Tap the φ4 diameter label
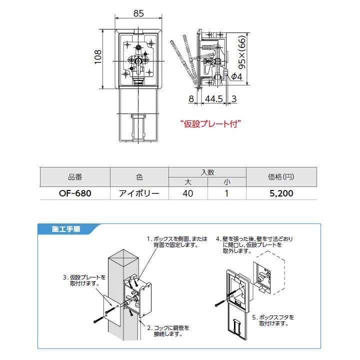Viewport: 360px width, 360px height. pyautogui.click(x=237, y=76)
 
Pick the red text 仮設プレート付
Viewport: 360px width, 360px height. pyautogui.click(x=211, y=122)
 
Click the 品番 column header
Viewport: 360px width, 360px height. pyautogui.click(x=74, y=177)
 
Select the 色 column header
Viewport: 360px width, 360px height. pyautogui.click(x=139, y=177)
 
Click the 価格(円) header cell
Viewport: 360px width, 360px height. pyautogui.click(x=280, y=177)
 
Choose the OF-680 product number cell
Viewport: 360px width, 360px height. pyautogui.click(x=74, y=193)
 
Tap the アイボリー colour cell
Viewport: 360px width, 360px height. pyautogui.click(x=139, y=193)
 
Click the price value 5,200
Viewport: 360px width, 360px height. pyautogui.click(x=280, y=193)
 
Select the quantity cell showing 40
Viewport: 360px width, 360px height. pyautogui.click(x=188, y=193)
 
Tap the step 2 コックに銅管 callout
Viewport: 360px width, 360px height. pyautogui.click(x=167, y=330)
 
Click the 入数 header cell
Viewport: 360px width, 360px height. pyautogui.click(x=207, y=172)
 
